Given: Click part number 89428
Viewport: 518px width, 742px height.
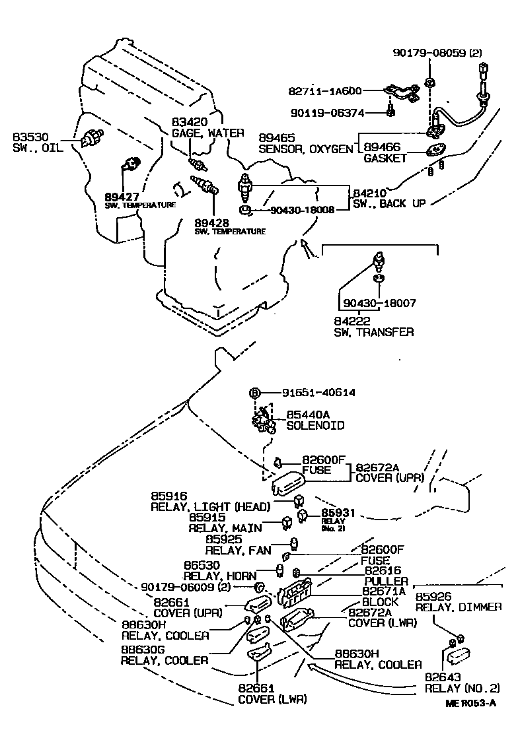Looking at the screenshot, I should point(211,222).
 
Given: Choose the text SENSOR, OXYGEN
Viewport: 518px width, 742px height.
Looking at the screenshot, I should point(306,149).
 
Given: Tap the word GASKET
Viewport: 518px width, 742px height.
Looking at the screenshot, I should point(385,158).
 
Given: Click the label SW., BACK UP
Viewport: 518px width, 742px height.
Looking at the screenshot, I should point(389,203).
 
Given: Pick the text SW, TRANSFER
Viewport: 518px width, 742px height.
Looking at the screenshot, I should point(373,332).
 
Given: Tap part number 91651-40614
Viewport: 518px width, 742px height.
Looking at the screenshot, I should point(313,392).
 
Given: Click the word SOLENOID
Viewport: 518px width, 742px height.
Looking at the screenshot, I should point(315,426).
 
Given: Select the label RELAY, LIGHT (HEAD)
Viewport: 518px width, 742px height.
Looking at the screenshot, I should point(210,507).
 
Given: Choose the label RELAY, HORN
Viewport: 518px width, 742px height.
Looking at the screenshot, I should point(220,576).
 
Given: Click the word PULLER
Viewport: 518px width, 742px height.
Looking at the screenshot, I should point(387,581).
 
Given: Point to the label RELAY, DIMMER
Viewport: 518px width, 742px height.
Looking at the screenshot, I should point(459,607).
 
